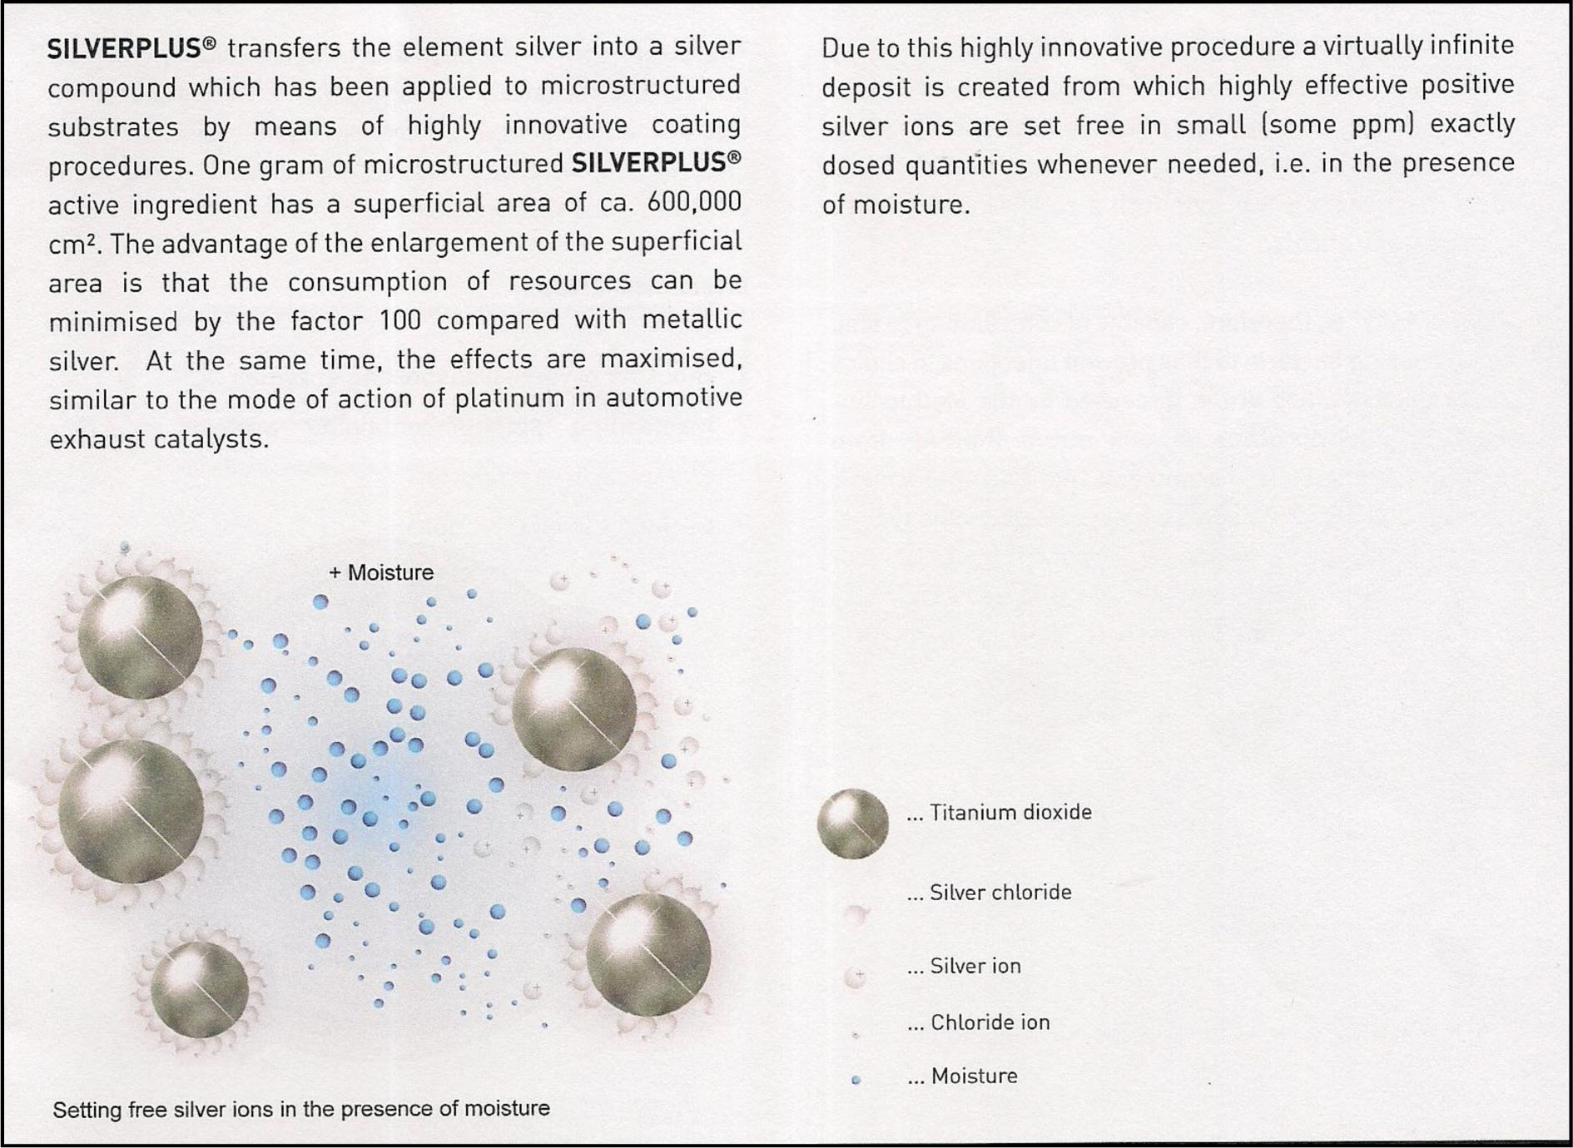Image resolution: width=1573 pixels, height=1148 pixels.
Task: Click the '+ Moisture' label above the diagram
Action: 381,573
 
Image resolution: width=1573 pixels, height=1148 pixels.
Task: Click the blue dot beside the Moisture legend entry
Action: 856,1080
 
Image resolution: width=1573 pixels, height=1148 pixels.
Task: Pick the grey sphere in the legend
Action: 852,824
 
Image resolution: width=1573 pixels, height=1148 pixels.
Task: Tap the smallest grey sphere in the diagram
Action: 200,989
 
